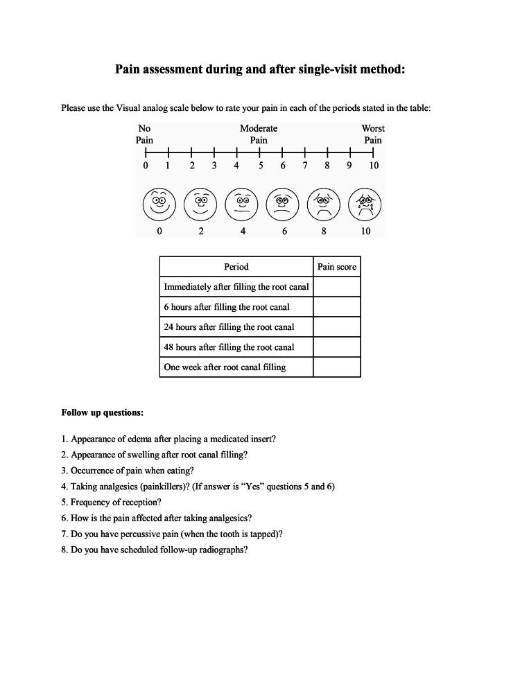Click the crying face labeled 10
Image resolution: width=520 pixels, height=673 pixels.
(365, 204)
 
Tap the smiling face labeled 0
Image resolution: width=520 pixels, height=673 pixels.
(159, 204)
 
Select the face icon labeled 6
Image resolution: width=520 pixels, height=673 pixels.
(283, 204)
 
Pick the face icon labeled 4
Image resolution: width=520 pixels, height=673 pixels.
(242, 204)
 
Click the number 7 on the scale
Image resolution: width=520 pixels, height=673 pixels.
(305, 166)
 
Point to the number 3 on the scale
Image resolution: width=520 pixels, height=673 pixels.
(214, 166)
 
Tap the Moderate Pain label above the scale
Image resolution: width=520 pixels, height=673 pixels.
(259, 134)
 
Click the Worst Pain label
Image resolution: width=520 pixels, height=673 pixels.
(373, 134)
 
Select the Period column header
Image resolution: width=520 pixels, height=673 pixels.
(236, 267)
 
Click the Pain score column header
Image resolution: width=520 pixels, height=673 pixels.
(337, 267)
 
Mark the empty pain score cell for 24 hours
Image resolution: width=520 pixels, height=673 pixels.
(337, 327)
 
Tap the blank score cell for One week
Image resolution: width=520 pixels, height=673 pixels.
(337, 367)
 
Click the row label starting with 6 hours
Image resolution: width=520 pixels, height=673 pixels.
(227, 307)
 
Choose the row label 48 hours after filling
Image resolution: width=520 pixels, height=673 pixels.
(229, 347)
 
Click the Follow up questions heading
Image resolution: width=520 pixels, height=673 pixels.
(103, 412)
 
